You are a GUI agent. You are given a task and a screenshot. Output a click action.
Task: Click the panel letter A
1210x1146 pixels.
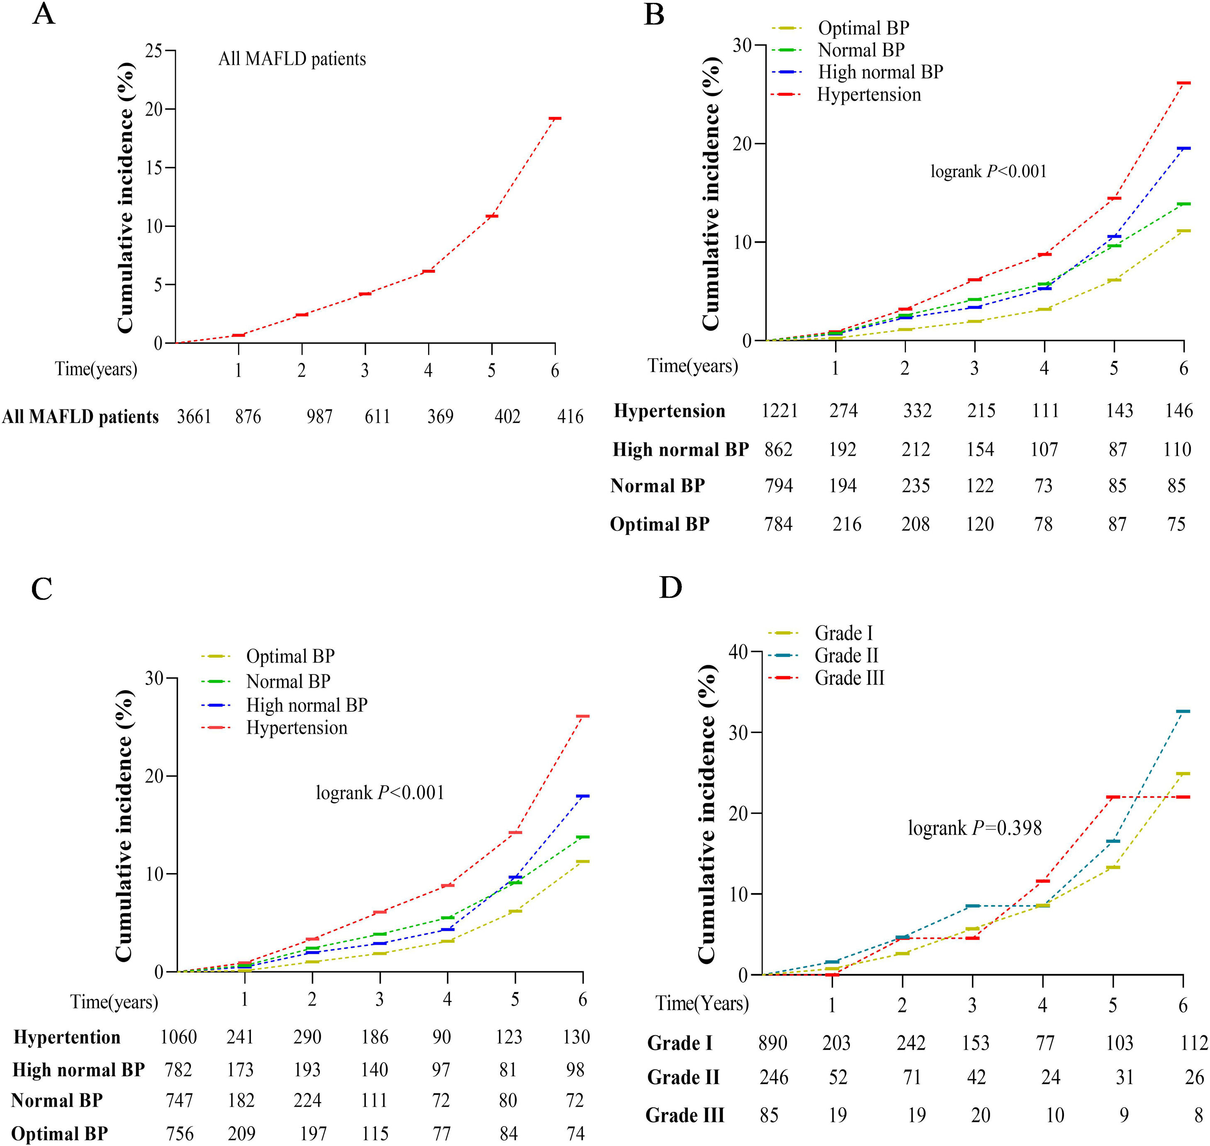[44, 13]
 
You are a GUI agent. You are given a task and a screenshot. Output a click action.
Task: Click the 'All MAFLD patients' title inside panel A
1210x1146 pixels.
[292, 59]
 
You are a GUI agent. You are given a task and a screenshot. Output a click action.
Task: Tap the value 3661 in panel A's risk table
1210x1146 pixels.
[194, 416]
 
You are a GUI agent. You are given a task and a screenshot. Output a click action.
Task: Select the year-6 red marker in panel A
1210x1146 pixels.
[555, 119]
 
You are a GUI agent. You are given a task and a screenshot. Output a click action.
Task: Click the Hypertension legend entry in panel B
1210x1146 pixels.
[869, 95]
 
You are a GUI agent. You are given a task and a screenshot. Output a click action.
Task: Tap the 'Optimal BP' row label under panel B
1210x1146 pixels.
[660, 524]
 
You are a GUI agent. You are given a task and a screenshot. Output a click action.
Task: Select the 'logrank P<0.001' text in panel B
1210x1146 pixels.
[988, 172]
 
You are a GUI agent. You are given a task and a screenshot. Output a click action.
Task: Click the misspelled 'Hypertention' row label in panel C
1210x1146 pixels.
[67, 1037]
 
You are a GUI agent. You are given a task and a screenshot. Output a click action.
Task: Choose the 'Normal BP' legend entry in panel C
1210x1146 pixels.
[288, 681]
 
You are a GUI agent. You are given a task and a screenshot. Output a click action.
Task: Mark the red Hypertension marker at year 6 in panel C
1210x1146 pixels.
[583, 716]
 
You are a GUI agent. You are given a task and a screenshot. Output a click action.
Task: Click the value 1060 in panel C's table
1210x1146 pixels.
[178, 1037]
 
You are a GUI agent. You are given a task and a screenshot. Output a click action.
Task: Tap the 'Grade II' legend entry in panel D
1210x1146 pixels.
[846, 655]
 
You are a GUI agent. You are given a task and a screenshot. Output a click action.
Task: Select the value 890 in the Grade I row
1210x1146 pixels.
[773, 1043]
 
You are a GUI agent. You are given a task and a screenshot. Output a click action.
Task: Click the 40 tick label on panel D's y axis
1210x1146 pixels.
[738, 652]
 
